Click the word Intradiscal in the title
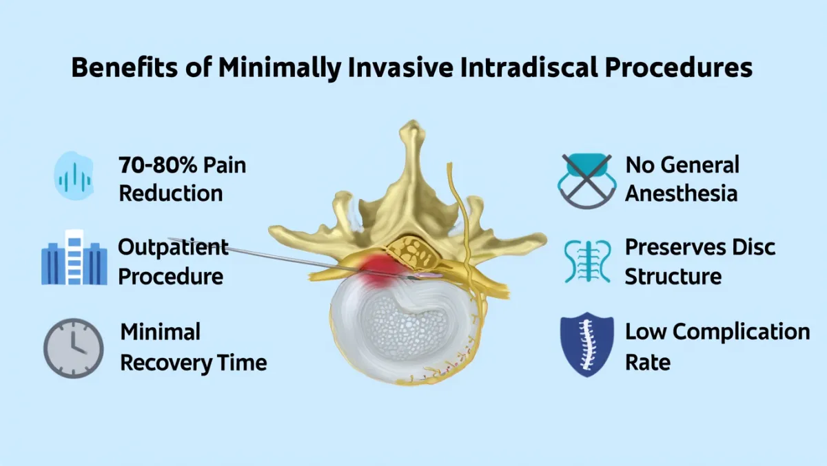[529, 67]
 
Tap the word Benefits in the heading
[125, 67]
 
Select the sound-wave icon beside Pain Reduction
[74, 176]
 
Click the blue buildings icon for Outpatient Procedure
[74, 257]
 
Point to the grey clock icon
[74, 348]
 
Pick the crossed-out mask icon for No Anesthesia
[586, 180]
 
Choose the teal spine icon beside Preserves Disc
[587, 261]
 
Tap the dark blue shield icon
[587, 345]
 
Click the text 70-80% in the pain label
[158, 165]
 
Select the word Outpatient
[173, 247]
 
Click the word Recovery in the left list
[166, 363]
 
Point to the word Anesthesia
[681, 193]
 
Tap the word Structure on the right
[673, 277]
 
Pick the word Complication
[742, 332]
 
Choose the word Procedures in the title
[679, 67]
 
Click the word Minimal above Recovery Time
[160, 332]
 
